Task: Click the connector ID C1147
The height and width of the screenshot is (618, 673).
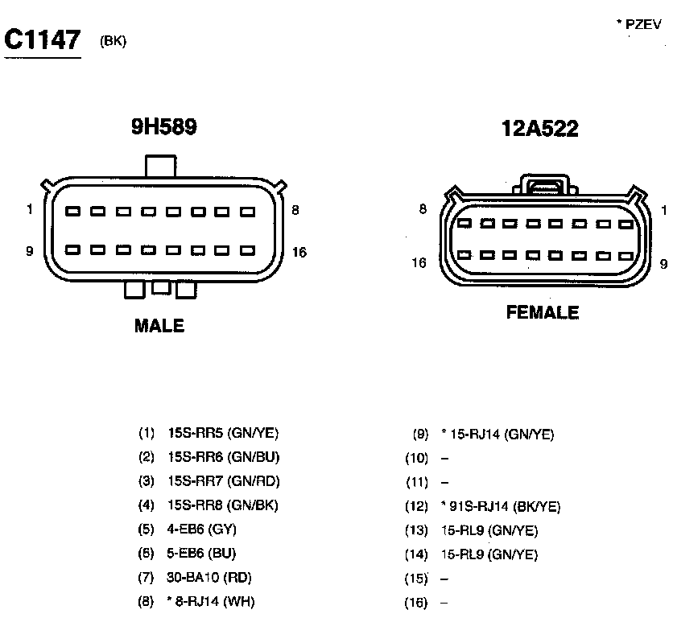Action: pyautogui.click(x=43, y=40)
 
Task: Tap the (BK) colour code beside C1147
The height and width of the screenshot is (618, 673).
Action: pyautogui.click(x=114, y=42)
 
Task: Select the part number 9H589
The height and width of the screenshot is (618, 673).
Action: pyautogui.click(x=165, y=128)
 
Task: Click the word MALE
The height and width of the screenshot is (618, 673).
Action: pyautogui.click(x=159, y=326)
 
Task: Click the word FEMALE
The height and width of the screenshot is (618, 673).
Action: pyautogui.click(x=543, y=312)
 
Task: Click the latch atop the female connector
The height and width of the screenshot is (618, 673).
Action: pyautogui.click(x=548, y=184)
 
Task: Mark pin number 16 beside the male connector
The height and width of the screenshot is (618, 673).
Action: pyautogui.click(x=299, y=253)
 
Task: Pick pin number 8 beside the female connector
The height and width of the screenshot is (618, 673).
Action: pyautogui.click(x=422, y=211)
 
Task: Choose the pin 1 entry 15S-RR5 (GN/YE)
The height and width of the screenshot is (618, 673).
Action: pyautogui.click(x=223, y=433)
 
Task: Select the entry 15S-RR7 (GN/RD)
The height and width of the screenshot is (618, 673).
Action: pyautogui.click(x=223, y=481)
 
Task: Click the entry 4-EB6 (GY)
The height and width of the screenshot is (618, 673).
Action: pyautogui.click(x=201, y=529)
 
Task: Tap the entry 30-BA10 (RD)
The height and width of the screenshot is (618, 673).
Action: pyautogui.click(x=206, y=578)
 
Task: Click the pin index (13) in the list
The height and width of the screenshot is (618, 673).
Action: pyautogui.click(x=416, y=530)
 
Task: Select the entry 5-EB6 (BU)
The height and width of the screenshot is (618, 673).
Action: pyautogui.click(x=201, y=554)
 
